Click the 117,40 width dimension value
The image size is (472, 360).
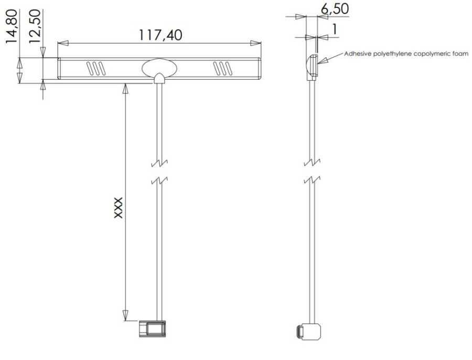coord(160,35)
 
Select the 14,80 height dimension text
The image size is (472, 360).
coord(12,27)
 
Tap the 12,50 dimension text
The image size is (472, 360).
coord(34,27)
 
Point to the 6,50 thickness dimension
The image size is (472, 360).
coord(335,8)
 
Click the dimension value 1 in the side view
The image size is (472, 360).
coord(335,29)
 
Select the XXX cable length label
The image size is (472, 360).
coord(119,208)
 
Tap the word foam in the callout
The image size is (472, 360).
coord(461,54)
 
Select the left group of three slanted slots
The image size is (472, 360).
coord(96,68)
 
